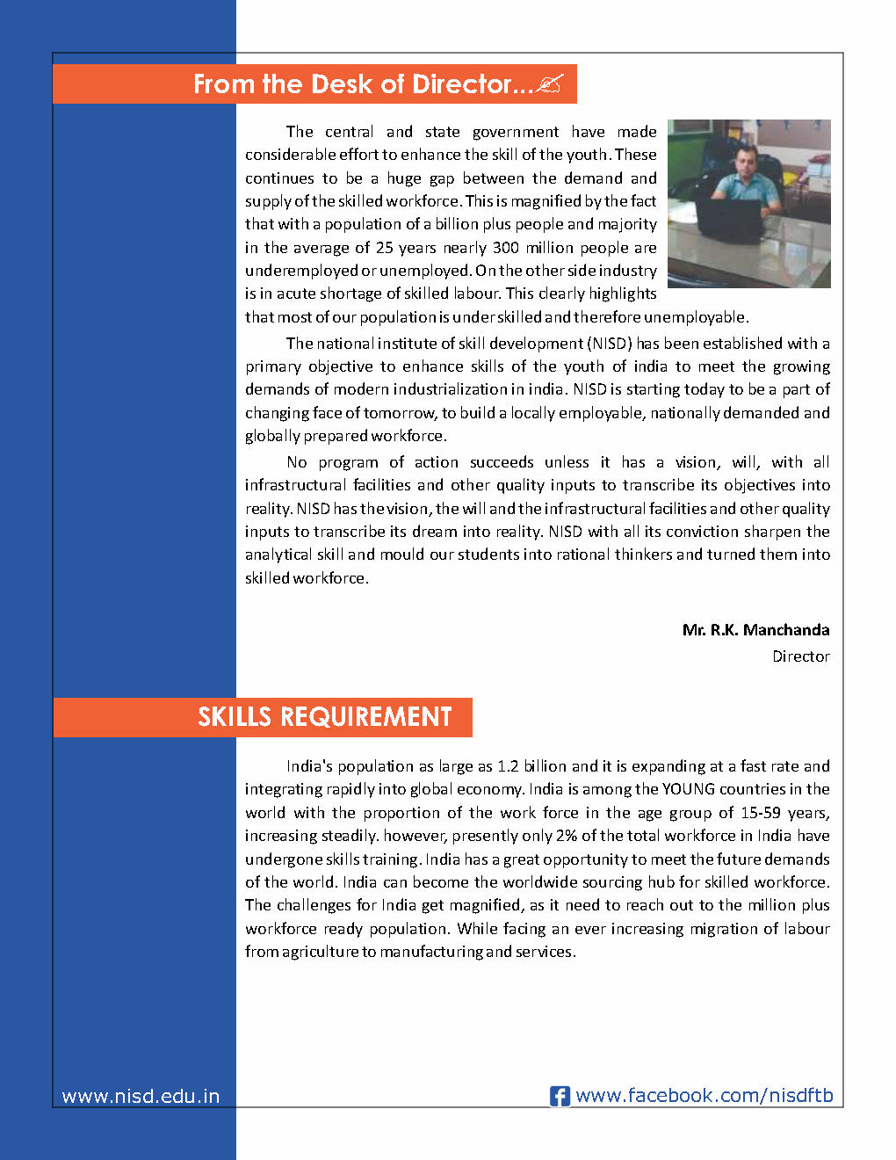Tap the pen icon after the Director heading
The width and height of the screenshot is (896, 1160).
point(550,84)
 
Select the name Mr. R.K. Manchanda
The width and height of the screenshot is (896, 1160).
point(755,630)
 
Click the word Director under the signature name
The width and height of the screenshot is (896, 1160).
point(800,656)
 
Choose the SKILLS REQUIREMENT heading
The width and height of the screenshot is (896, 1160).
point(324,717)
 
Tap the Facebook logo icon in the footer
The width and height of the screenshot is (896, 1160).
point(560,1096)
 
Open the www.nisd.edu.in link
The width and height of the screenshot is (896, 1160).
point(141,1096)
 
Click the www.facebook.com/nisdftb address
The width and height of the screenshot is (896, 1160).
point(704,1096)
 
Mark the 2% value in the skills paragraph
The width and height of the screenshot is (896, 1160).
point(567,836)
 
